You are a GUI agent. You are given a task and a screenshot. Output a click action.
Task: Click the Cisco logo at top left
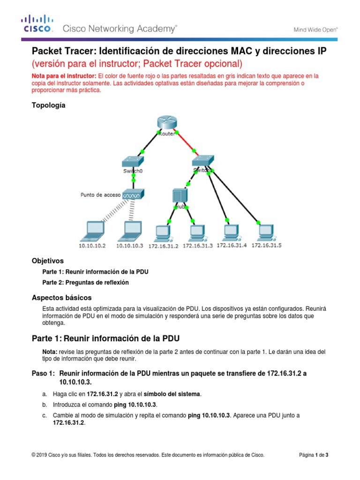coord(37,24)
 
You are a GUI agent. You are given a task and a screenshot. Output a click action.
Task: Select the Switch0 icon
coord(133,161)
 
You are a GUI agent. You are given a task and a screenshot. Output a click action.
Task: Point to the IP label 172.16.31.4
coord(232,245)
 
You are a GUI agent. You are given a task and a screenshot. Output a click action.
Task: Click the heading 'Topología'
coord(48,105)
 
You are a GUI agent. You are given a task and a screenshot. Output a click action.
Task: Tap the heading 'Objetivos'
coord(47,261)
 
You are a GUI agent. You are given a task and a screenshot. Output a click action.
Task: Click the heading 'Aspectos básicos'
coord(61,298)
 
